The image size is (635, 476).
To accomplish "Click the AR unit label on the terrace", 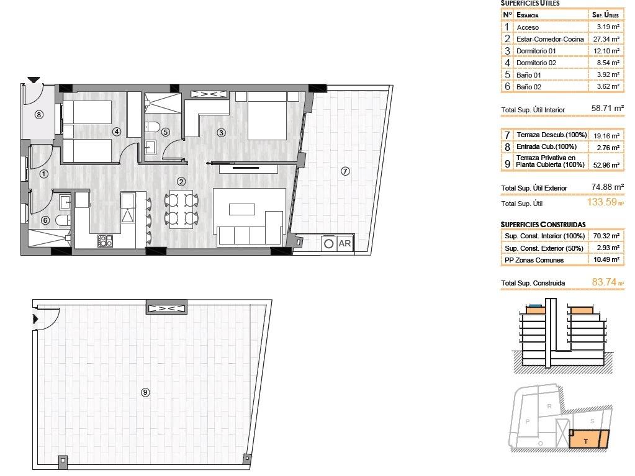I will point(345,244).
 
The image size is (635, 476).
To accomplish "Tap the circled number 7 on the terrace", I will point(345,171).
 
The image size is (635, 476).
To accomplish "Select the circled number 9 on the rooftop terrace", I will point(145,392).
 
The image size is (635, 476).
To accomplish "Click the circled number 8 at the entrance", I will point(39,114).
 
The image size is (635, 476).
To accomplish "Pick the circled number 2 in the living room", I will point(181,182).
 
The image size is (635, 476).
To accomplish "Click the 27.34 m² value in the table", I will point(606,39).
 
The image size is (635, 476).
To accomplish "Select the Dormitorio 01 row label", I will point(537,51).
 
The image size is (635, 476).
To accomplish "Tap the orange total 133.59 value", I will point(603,202).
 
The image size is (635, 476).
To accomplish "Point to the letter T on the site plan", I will point(586,441).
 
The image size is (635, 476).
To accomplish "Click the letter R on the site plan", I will point(549,406).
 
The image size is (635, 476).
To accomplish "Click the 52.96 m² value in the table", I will point(606,164).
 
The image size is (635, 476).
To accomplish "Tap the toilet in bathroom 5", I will point(151,127).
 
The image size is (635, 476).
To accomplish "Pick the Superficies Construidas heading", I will point(543,224).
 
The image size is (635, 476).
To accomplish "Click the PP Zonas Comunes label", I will point(534,260).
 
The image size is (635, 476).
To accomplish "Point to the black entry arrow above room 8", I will point(34,80).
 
